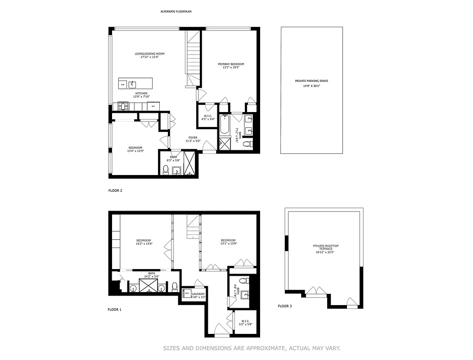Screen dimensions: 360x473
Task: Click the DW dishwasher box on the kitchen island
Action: (122, 85)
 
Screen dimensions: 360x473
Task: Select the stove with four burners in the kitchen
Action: (123, 106)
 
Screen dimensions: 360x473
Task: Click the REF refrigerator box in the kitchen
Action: (153, 106)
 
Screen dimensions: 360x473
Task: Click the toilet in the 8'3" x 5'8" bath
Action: (165, 170)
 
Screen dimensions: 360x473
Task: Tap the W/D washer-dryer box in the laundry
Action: (186, 293)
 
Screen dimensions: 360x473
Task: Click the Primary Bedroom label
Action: (231, 64)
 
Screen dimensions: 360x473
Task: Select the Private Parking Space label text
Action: (311, 81)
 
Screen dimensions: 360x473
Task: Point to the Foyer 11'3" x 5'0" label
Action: (193, 139)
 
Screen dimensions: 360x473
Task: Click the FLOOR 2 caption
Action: (115, 190)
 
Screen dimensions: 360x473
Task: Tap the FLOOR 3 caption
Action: (284, 306)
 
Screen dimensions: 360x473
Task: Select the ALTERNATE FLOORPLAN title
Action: (176, 11)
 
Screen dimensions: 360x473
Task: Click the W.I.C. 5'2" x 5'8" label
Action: (246, 323)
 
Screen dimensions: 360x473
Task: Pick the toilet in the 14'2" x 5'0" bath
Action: (175, 287)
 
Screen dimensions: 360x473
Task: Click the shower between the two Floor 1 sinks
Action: (147, 286)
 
